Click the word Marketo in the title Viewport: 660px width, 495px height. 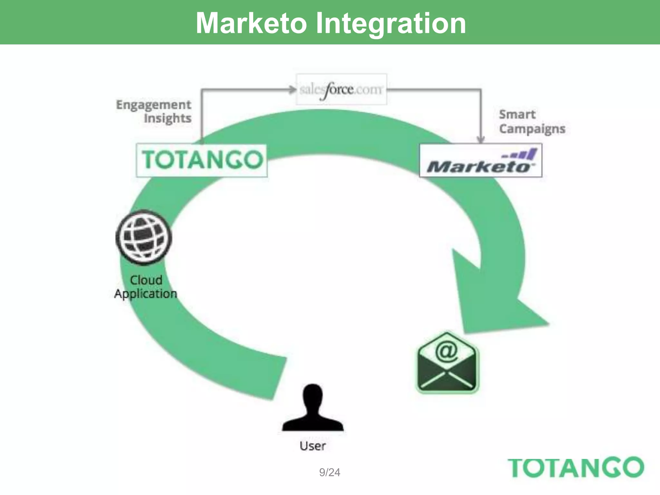pyautogui.click(x=251, y=23)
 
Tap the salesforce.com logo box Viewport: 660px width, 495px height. pyautogui.click(x=341, y=89)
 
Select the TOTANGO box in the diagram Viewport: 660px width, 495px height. pyautogui.click(x=202, y=160)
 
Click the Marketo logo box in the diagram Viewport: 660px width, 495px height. pyautogui.click(x=480, y=160)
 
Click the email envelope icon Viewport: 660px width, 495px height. pyautogui.click(x=447, y=362)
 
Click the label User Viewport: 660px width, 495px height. pyautogui.click(x=313, y=446)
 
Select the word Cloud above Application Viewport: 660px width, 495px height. pyautogui.click(x=146, y=280)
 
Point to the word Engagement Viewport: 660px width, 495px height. pyautogui.click(x=153, y=105)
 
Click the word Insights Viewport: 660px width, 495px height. pyautogui.click(x=168, y=118)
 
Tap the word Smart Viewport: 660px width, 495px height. pyautogui.click(x=517, y=114)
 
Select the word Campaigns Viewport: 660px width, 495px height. pyautogui.click(x=532, y=129)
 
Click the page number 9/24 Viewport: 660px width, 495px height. pyautogui.click(x=329, y=472)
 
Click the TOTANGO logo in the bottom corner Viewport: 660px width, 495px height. pyautogui.click(x=576, y=467)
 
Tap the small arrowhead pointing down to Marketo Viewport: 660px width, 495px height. pyautogui.click(x=480, y=139)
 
